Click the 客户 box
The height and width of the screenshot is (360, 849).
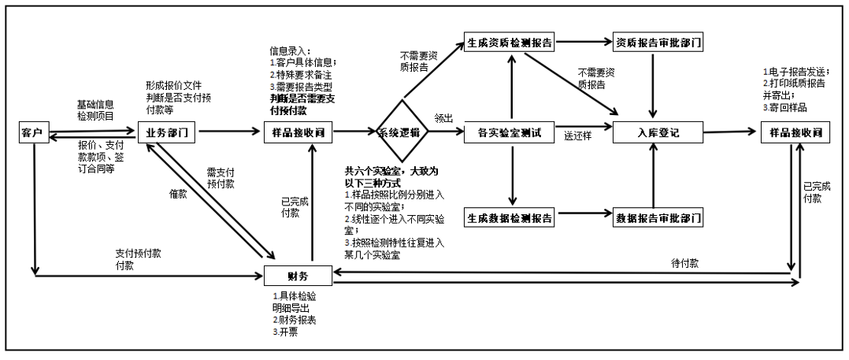pyautogui.click(x=30, y=134)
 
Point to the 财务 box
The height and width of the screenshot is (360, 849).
pyautogui.click(x=298, y=276)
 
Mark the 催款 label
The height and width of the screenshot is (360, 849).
pyautogui.click(x=177, y=194)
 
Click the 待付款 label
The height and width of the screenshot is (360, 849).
pyautogui.click(x=684, y=263)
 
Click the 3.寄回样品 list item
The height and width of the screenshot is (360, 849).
pyautogui.click(x=784, y=107)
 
